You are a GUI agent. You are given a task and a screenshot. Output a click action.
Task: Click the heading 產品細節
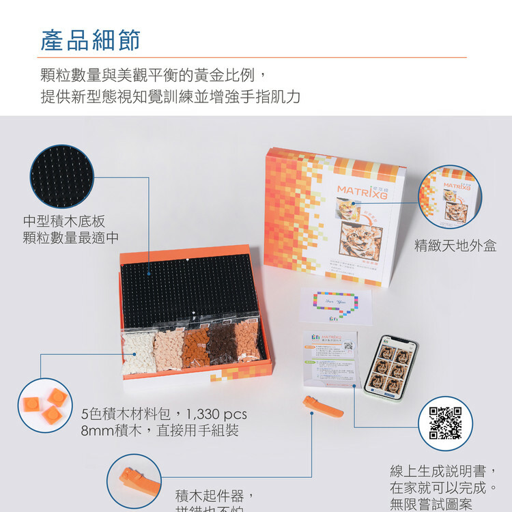(x=90, y=40)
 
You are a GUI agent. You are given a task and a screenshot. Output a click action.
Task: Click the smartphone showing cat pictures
(x=389, y=366)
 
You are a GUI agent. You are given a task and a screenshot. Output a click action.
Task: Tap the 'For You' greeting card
(x=335, y=305)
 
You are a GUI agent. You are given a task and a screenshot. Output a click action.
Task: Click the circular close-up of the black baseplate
(x=63, y=177)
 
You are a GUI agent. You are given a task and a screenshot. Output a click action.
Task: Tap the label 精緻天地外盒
(x=455, y=246)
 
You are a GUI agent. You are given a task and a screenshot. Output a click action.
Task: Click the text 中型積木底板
(x=64, y=221)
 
